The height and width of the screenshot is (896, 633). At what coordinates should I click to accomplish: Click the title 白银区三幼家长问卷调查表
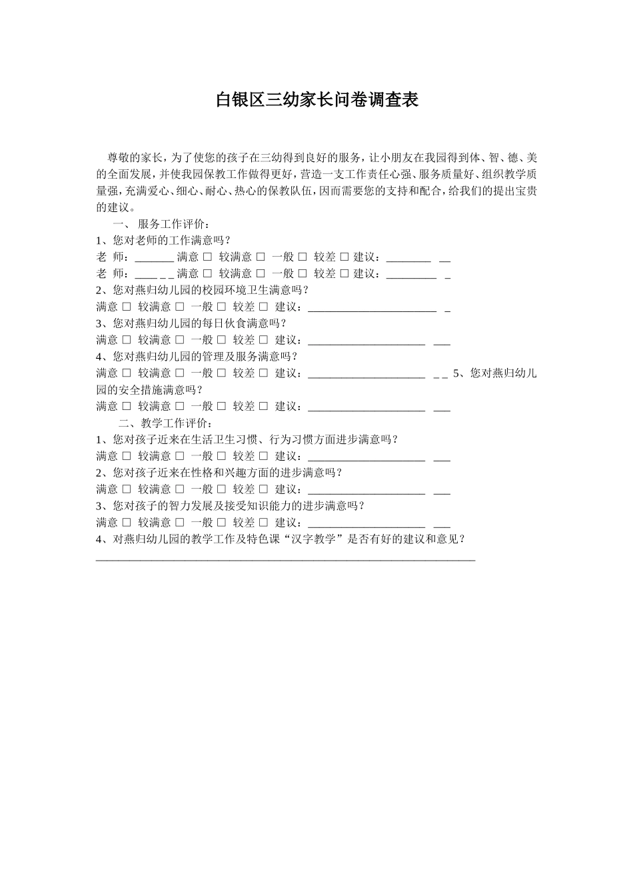[317, 100]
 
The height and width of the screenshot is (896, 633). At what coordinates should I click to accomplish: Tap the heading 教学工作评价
[177, 423]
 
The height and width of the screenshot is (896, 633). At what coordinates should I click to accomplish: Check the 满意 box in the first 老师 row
[207, 257]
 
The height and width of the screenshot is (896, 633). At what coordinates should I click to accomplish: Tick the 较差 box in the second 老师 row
[344, 273]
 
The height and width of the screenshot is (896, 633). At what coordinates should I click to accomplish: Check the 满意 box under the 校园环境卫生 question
[127, 307]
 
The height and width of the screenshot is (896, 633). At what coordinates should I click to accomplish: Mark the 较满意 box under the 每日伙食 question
[179, 340]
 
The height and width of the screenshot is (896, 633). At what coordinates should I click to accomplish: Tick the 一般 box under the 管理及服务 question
[221, 373]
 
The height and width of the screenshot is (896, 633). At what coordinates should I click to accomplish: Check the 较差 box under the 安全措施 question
[263, 406]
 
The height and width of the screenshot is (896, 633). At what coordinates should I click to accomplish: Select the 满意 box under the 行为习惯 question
[127, 456]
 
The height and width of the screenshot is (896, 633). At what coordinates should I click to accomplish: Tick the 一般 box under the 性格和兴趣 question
[221, 489]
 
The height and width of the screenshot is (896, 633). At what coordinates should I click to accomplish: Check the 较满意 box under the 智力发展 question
[179, 522]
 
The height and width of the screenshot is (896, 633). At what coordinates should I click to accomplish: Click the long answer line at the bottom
[286, 559]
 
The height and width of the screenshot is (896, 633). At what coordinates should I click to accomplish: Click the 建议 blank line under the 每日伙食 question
[366, 342]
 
